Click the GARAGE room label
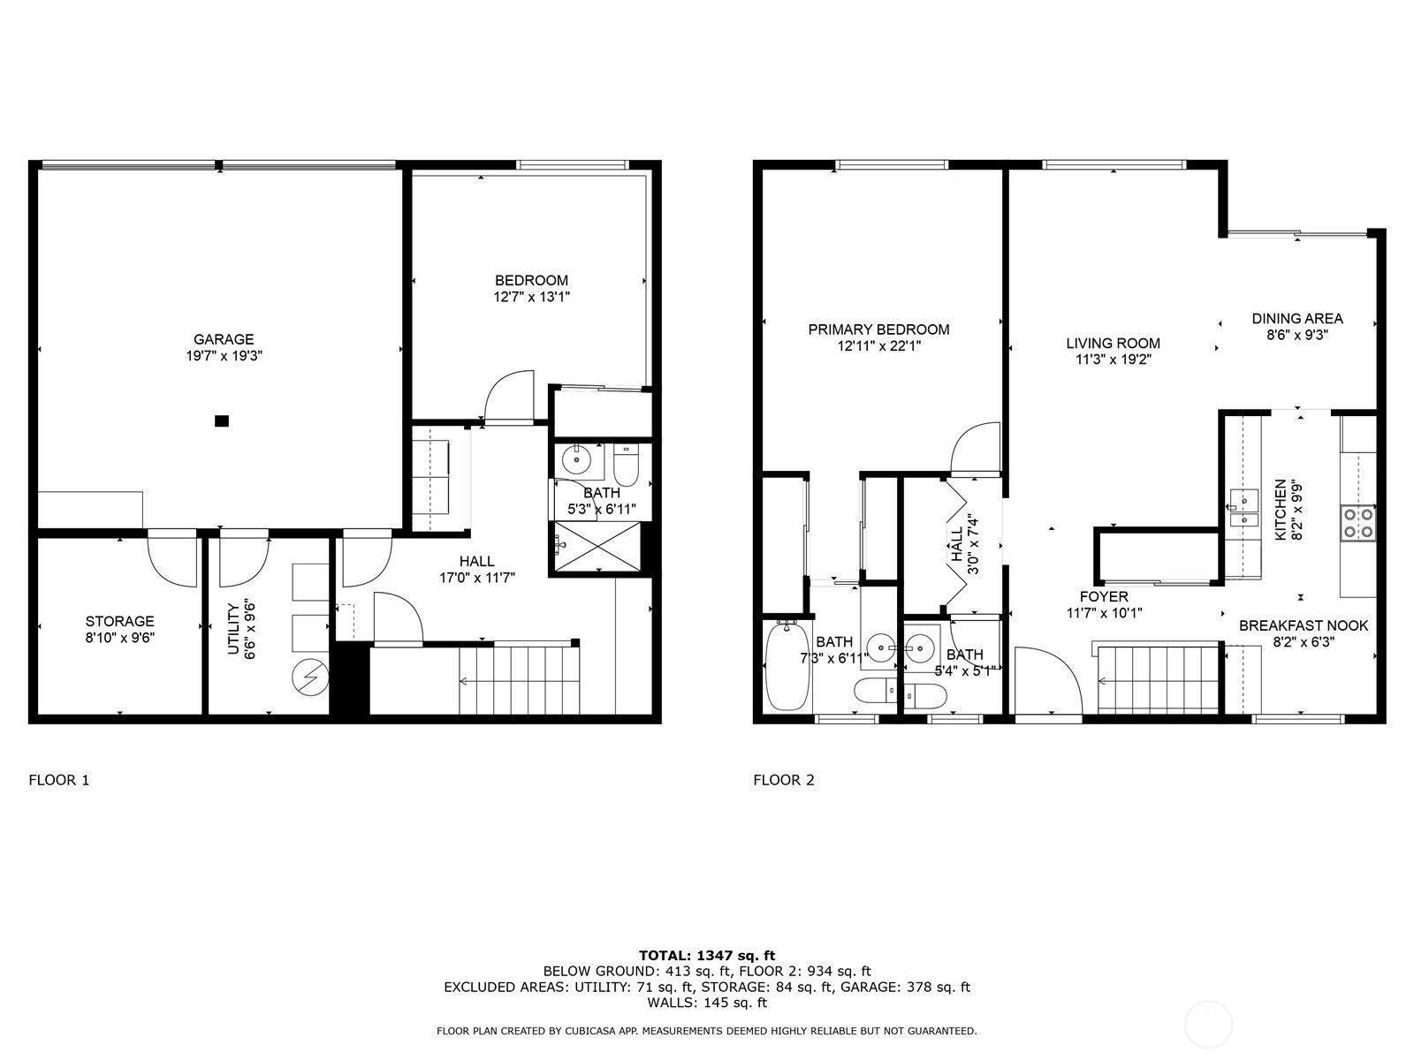[224, 339]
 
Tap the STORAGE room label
[120, 621]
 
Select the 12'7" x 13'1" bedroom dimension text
[531, 297]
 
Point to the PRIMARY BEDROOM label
[878, 329]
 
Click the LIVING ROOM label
[1114, 344]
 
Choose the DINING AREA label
[1297, 319]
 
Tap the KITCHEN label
[1280, 509]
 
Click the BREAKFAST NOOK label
[1304, 625]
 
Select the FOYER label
[1104, 596]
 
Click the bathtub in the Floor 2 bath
[787, 665]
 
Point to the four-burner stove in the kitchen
[1358, 523]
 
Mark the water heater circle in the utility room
[310, 678]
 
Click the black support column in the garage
[222, 421]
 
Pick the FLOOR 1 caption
[59, 780]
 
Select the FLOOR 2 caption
[784, 780]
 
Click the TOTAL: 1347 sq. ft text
[707, 955]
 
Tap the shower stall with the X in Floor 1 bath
[597, 546]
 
